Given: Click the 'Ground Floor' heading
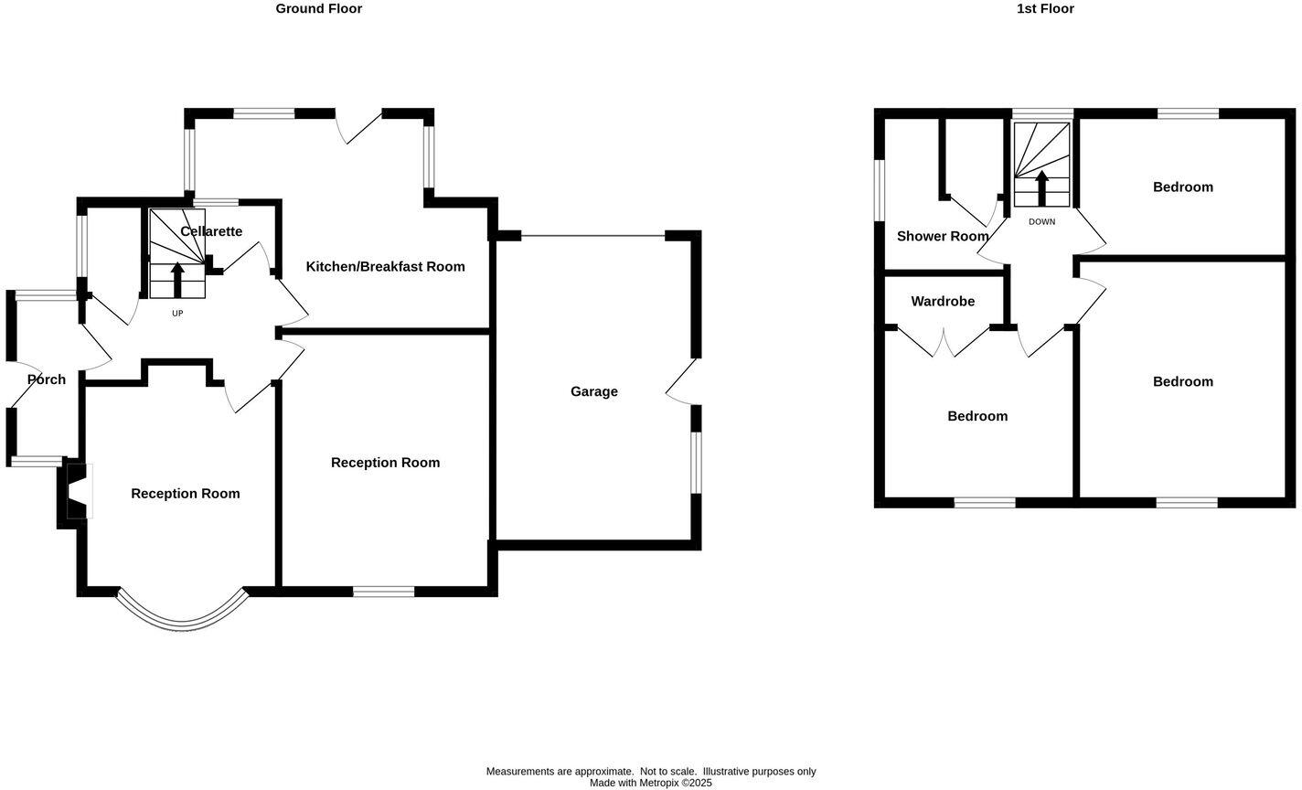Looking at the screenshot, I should [x=318, y=9].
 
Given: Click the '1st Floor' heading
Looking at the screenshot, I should [x=1044, y=9].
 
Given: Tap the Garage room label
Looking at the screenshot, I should [x=593, y=391].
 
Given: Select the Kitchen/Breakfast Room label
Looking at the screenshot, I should [x=385, y=267].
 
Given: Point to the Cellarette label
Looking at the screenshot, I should [x=211, y=232].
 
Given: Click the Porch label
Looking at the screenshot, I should [x=46, y=379].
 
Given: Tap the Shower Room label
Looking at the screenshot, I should [x=942, y=236].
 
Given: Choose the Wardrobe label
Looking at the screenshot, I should [x=942, y=302].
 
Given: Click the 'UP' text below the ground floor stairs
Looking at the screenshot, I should [x=177, y=314].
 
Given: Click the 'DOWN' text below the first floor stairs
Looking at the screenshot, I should [x=1041, y=222].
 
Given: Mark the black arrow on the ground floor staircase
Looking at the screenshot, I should [x=177, y=280].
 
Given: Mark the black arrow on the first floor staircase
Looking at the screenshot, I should [x=1041, y=187].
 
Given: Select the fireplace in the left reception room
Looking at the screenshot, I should [x=78, y=491].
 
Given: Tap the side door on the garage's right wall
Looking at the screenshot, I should [x=682, y=381].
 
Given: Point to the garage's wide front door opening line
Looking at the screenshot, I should [x=592, y=236].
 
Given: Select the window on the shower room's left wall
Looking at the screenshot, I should [x=880, y=190].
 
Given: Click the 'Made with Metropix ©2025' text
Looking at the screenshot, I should [x=650, y=784].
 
